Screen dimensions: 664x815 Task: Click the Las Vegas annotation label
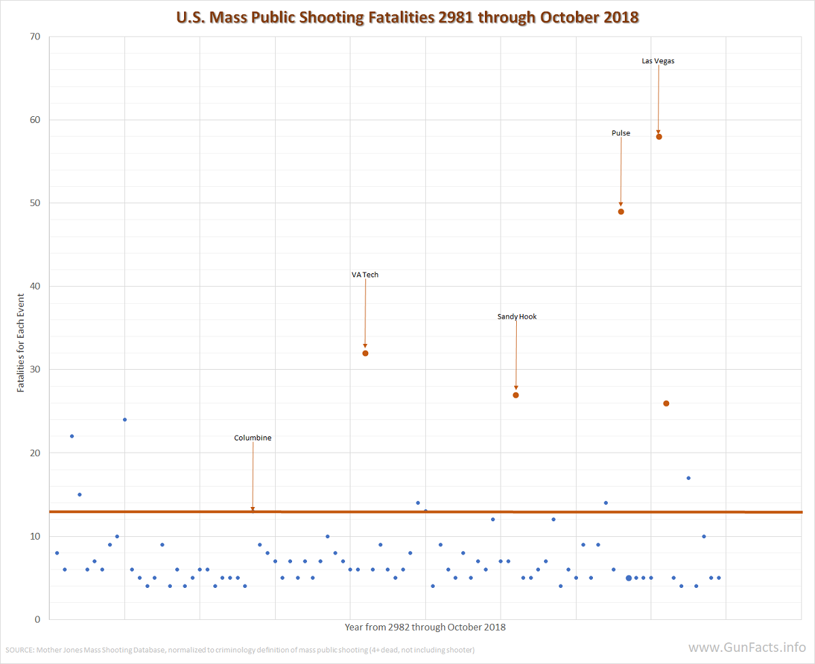click(658, 61)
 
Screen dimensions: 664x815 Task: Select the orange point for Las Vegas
click(659, 137)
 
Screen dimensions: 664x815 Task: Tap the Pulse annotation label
click(621, 133)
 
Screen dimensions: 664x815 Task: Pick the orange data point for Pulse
click(621, 211)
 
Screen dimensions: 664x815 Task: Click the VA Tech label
click(365, 275)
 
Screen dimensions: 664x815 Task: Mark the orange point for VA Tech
click(365, 353)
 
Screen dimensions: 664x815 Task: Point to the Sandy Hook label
click(517, 317)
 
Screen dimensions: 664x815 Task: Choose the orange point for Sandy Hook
click(516, 395)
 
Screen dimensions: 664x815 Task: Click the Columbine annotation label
click(253, 438)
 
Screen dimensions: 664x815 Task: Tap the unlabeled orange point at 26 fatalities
click(666, 404)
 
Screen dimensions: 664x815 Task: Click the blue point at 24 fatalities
click(125, 419)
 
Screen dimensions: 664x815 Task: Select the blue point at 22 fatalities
click(72, 436)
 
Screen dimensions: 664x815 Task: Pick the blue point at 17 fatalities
click(689, 478)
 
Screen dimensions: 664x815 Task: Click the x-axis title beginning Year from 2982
click(425, 627)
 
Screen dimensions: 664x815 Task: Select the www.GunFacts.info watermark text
click(747, 648)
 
